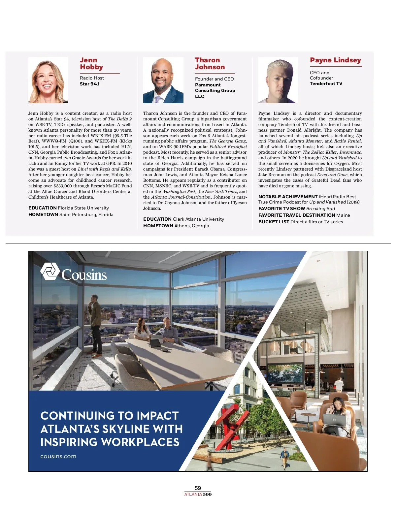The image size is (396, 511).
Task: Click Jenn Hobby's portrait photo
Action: point(48,80)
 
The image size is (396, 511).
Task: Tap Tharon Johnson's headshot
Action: point(163,80)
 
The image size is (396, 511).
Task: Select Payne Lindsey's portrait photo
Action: point(278,80)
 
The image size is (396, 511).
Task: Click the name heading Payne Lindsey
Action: point(335,60)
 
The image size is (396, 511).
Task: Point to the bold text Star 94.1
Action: point(90,84)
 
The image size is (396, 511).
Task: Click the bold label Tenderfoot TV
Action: point(326,84)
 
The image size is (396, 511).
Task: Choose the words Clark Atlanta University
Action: point(198,219)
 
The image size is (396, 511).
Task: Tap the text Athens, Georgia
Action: point(192,226)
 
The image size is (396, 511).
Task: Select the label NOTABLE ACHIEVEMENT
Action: point(288,197)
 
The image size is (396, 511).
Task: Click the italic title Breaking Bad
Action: point(320,209)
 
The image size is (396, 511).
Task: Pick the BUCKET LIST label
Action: point(274,222)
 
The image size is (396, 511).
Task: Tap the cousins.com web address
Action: point(58,457)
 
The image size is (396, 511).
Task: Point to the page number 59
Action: point(198,488)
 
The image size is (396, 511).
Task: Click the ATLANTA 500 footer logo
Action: point(198,495)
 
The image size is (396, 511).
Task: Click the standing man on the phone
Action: point(96,325)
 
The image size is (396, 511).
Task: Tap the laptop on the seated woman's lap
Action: point(334,421)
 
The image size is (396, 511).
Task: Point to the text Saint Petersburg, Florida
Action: point(86,215)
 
